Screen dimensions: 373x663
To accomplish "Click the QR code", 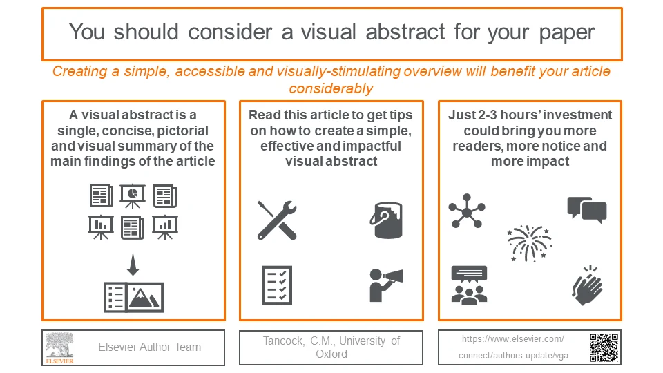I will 604,347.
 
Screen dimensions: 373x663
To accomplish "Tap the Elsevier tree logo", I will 60,347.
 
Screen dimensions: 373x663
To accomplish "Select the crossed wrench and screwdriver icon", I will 277,220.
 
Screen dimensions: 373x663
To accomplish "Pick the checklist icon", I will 277,285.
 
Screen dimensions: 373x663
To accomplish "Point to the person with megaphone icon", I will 385,285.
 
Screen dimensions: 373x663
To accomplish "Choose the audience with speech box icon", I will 469,285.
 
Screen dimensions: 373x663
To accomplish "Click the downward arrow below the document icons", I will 133,265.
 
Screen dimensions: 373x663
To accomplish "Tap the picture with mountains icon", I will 145,297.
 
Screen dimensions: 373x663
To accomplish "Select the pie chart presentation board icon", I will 133,195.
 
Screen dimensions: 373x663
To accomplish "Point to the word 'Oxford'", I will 331,354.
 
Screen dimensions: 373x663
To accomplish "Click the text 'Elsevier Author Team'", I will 149,347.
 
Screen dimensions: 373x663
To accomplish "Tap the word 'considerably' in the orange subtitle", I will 331,88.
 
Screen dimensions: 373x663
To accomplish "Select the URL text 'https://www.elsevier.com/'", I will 513,339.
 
